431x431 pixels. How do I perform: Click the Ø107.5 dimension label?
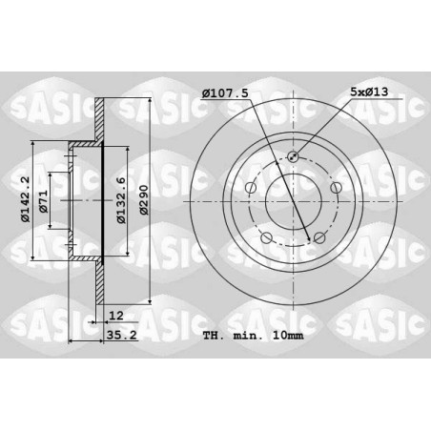225,93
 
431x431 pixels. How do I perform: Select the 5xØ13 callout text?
369,92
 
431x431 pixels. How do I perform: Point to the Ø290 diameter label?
144,200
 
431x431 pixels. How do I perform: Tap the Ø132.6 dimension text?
121,200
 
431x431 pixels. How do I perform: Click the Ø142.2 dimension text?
25,199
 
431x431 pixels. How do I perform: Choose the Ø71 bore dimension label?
43,201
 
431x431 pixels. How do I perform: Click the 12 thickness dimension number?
116,316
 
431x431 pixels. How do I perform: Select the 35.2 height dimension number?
122,335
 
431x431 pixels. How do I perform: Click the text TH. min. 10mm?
254,336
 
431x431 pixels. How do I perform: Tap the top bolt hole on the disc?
293,156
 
